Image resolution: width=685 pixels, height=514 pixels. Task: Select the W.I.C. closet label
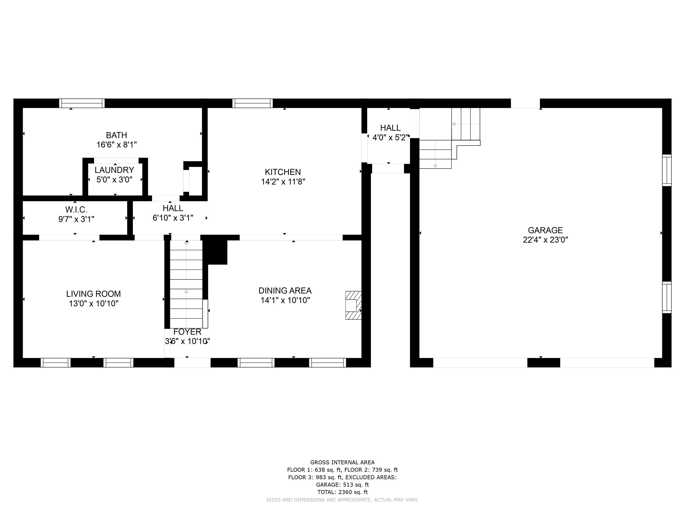[76, 210]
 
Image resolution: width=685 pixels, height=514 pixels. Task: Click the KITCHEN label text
[283, 172]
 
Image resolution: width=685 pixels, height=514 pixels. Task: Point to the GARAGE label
[545, 230]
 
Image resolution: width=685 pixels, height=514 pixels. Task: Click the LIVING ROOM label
[94, 294]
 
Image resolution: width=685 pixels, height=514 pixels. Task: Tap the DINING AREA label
[285, 291]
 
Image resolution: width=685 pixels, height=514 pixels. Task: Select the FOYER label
[187, 332]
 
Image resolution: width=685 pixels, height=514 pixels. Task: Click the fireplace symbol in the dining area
[353, 305]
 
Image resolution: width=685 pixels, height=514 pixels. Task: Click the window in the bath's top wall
[82, 103]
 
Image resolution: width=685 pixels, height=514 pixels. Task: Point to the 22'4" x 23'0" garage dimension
[545, 240]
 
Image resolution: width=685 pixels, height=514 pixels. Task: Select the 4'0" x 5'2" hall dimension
[390, 138]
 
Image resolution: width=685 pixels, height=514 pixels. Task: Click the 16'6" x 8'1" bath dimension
[116, 145]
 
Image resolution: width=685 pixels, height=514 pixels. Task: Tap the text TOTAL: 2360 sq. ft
[342, 492]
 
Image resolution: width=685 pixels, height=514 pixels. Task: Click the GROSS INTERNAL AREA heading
[342, 462]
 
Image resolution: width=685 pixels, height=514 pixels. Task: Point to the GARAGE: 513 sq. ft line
[342, 485]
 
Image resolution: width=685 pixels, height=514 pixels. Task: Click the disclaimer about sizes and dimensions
[342, 500]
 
